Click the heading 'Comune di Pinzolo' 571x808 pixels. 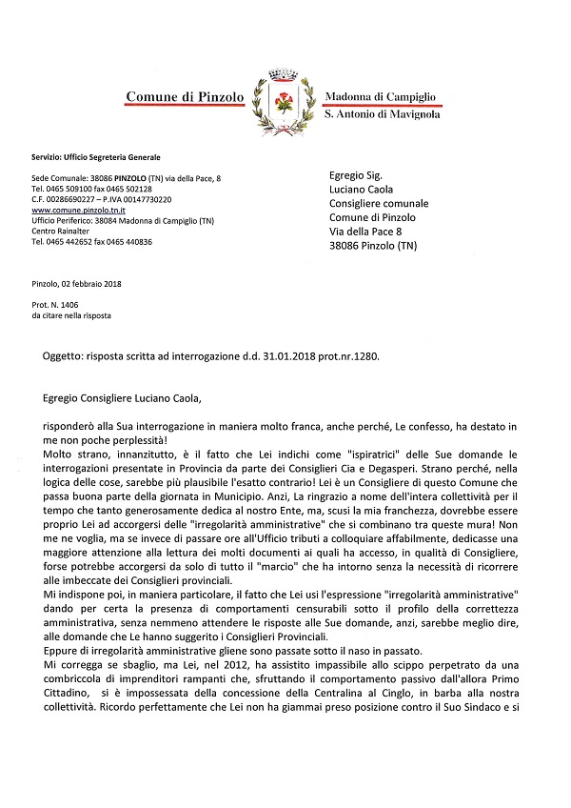[186, 97]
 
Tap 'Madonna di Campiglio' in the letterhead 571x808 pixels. [381, 97]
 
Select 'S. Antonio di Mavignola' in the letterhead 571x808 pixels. [382, 114]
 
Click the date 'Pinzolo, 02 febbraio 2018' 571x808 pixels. [83, 283]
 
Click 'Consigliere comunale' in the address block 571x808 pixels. [379, 204]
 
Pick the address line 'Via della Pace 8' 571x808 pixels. [365, 232]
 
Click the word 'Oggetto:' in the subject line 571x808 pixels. [64, 354]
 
